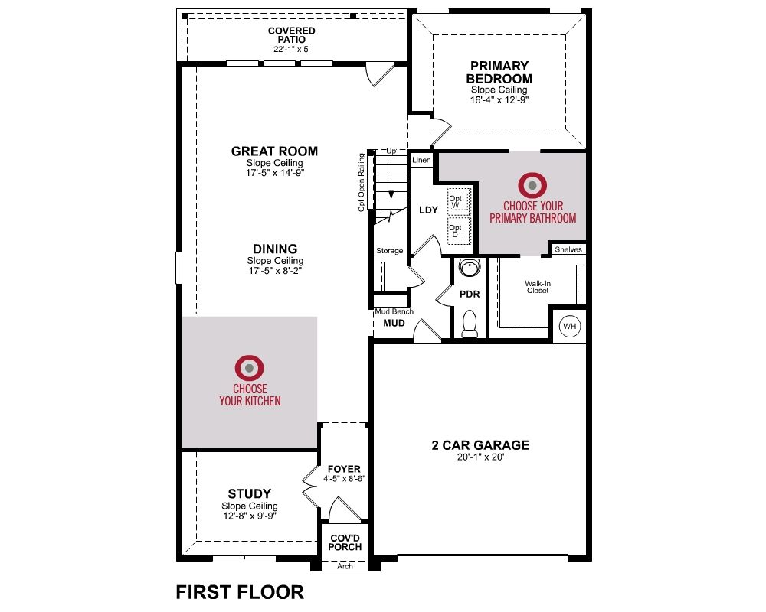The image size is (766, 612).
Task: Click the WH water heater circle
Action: coord(570,326)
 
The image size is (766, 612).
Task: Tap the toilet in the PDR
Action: coord(470,324)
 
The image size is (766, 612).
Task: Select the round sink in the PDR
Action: coord(470,267)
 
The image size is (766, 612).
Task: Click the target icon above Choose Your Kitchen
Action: coord(249,368)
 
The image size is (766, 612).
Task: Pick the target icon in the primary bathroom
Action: coord(532,185)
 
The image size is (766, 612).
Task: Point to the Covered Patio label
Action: coord(292,35)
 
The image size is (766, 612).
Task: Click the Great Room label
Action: coord(274,151)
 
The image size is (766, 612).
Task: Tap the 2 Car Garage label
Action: coord(480,445)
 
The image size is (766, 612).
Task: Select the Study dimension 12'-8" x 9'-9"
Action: coord(250,516)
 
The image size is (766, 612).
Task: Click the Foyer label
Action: coord(344,469)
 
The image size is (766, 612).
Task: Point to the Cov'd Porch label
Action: coord(345,542)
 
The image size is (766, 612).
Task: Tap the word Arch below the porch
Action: coord(345,566)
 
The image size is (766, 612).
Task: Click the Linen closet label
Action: coord(421,160)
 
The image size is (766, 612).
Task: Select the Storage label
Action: coord(389,251)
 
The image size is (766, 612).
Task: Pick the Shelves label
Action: coord(568,249)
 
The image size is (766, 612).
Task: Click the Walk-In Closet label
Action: coord(538,286)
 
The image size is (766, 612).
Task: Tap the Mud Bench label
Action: coord(394,311)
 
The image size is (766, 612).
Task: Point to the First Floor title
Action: coord(239,592)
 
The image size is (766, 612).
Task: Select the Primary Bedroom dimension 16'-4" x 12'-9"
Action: coord(499,100)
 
